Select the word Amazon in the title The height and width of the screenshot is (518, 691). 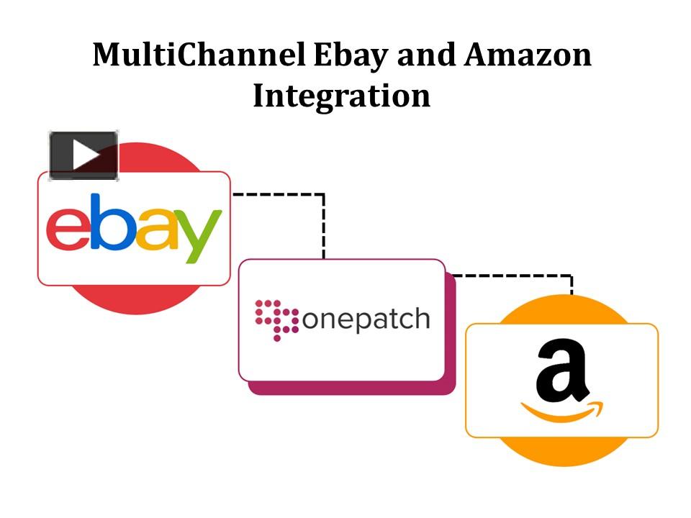(528, 56)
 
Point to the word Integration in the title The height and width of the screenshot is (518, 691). (341, 96)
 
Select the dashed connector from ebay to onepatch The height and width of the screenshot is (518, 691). (322, 216)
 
